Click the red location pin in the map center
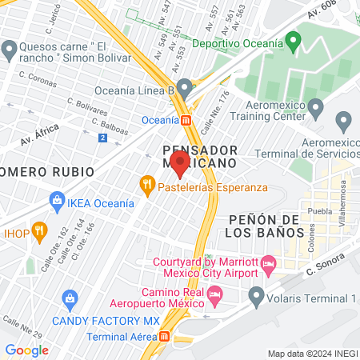tap(180, 164)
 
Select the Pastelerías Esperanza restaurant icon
tap(146, 185)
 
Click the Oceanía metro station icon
tap(186, 120)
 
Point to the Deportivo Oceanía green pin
tap(293, 38)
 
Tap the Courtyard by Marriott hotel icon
tap(269, 262)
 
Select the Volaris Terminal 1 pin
tap(257, 297)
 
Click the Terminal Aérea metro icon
tap(165, 336)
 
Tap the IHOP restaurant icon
tap(37, 234)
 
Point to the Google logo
tap(26, 350)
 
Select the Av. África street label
tap(50, 129)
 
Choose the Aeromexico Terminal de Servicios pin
tap(346, 122)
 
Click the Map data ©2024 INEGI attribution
tap(311, 353)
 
